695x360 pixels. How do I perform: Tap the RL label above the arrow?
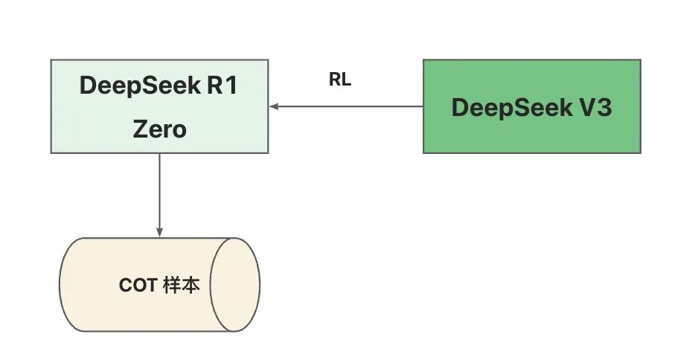[x=340, y=80]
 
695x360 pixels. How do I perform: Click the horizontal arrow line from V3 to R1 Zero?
[x=350, y=106]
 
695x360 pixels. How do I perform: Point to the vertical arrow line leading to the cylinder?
[x=159, y=193]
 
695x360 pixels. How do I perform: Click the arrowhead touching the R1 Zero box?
[x=274, y=106]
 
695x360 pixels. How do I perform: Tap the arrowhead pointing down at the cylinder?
[x=159, y=232]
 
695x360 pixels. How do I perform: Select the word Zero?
[x=159, y=129]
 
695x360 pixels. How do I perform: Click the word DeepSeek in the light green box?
[x=134, y=86]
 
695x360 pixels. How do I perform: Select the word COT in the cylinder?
[x=138, y=286]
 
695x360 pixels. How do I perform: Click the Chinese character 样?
[x=170, y=286]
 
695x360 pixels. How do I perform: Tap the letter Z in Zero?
[x=141, y=129]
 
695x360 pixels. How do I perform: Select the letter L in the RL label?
[x=346, y=80]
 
